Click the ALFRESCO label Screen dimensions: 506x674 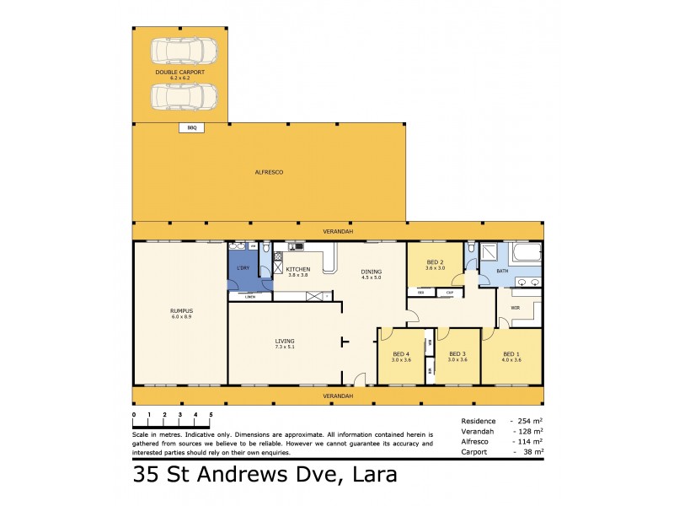pyautogui.click(x=269, y=172)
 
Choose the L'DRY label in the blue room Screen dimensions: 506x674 pyautogui.click(x=243, y=267)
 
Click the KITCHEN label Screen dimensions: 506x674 pyautogui.click(x=298, y=269)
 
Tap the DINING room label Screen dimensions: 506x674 pyautogui.click(x=372, y=271)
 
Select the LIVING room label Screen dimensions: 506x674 pyautogui.click(x=285, y=342)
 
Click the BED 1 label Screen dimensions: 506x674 pyautogui.click(x=512, y=354)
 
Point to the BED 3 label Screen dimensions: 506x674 pyautogui.click(x=457, y=354)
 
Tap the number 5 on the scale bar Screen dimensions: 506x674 pyautogui.click(x=211, y=415)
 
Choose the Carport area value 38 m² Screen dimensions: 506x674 pyautogui.click(x=530, y=451)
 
